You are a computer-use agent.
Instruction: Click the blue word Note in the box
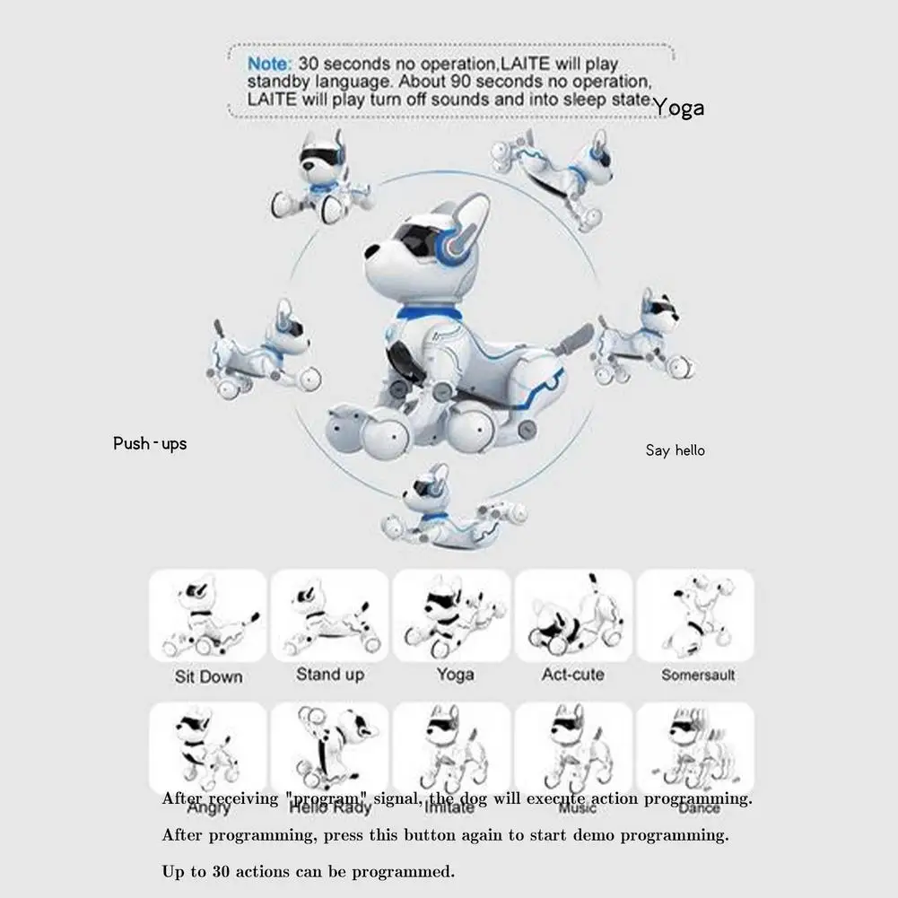coord(270,65)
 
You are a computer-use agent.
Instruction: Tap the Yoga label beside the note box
coord(678,109)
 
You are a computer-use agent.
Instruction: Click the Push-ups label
coord(150,443)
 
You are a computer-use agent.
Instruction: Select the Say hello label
coord(675,450)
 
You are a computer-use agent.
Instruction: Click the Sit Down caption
coord(208,676)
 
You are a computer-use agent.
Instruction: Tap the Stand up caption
coord(330,674)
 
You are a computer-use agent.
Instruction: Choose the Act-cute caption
coord(573,674)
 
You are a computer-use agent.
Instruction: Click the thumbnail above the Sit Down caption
coord(208,617)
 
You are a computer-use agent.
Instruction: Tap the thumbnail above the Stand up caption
coord(330,617)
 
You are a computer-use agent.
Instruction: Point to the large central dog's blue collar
coord(429,316)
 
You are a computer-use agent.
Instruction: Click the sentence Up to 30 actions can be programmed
coord(309,871)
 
